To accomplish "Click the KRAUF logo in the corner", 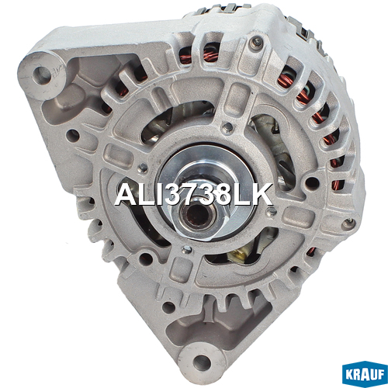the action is click(x=365, y=374).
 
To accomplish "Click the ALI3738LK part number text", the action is click(x=193, y=195).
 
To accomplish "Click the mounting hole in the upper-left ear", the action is click(x=41, y=74).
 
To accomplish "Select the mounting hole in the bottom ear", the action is click(x=202, y=362).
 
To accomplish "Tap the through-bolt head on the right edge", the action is click(x=348, y=223).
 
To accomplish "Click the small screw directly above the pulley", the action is click(x=227, y=127).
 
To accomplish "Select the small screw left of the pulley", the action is click(x=143, y=168).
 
